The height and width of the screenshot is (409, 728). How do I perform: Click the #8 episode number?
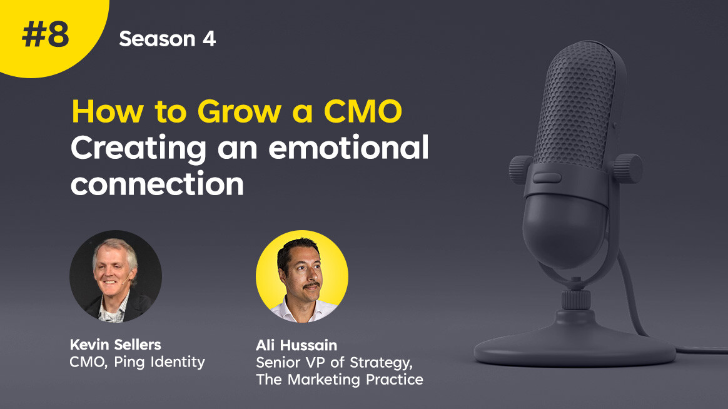(x=46, y=35)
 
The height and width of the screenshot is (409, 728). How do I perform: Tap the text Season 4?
(x=168, y=39)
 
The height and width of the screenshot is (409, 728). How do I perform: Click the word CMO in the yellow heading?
(x=363, y=111)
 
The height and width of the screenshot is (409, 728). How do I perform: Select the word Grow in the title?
(x=240, y=111)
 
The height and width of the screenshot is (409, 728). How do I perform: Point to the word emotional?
(x=349, y=148)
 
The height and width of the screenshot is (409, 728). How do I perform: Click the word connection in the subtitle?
(x=158, y=184)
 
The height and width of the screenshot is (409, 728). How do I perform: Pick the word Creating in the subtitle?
(x=139, y=149)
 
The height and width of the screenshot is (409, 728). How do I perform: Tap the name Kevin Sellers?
(x=116, y=345)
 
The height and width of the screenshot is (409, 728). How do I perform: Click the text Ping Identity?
(x=159, y=362)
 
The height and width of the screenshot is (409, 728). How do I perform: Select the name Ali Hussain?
(x=296, y=345)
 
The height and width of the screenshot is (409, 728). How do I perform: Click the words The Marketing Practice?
(x=340, y=379)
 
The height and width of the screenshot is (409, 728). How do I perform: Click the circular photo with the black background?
(x=116, y=276)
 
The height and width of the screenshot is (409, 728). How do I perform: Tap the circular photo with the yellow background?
(x=302, y=276)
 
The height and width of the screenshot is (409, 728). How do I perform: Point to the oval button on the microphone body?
(x=547, y=178)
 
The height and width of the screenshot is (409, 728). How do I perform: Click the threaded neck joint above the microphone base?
(x=576, y=300)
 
